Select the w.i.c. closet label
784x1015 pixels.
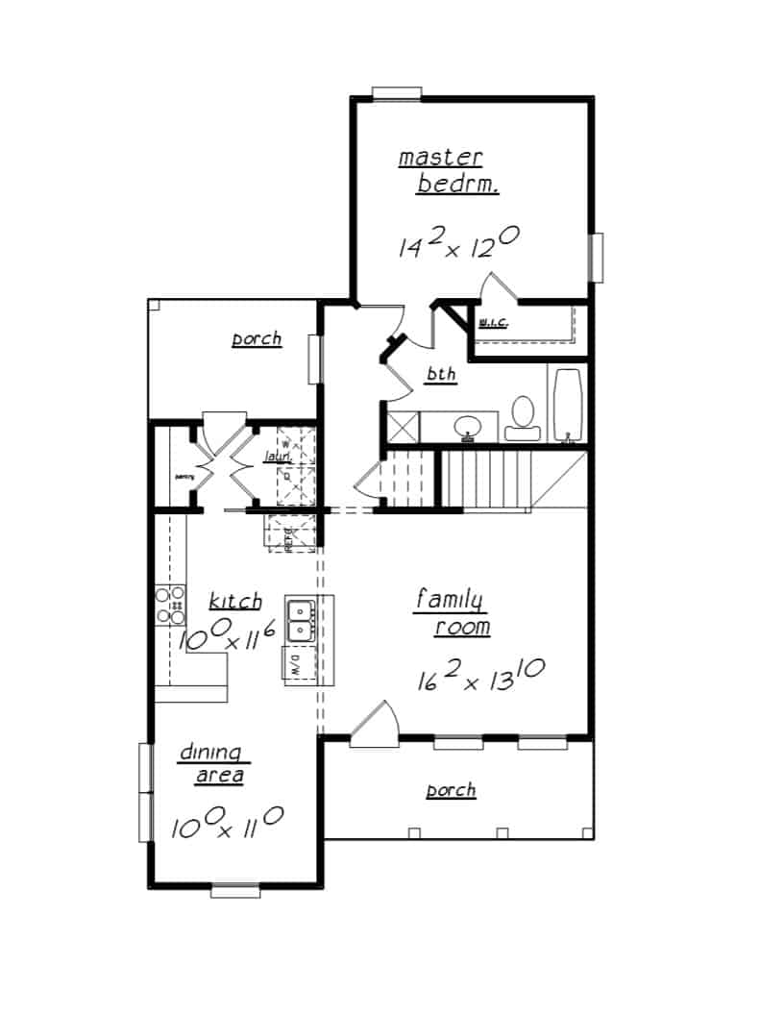(493, 322)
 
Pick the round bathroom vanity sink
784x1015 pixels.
(468, 426)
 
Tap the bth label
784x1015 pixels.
(442, 375)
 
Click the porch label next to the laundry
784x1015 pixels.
(257, 338)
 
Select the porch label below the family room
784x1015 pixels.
(451, 790)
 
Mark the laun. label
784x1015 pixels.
(279, 458)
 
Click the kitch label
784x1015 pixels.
(235, 602)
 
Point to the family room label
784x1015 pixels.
(452, 613)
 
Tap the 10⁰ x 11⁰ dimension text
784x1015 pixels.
(227, 825)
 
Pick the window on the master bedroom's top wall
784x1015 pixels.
(397, 93)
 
